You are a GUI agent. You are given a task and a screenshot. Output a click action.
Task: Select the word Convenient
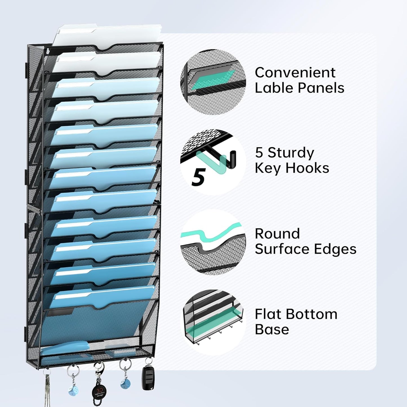[295, 73]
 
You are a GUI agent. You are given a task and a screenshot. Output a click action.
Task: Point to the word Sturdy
[291, 153]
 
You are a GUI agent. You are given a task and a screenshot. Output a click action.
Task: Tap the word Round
[277, 234]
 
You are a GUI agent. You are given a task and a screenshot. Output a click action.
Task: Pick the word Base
[272, 329]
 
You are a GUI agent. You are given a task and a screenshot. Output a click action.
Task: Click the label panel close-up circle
[213, 82]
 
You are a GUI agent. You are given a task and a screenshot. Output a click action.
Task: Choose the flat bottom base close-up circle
[213, 322]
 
